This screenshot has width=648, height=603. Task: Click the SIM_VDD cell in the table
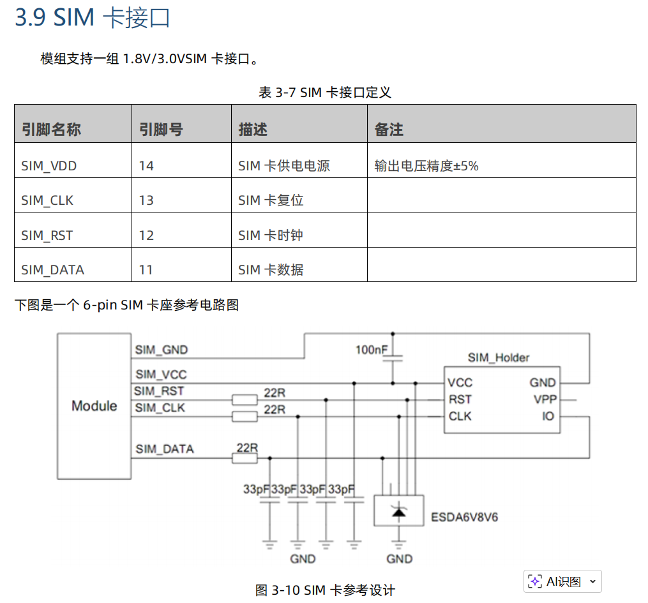tap(49, 166)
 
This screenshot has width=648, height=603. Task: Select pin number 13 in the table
tap(146, 200)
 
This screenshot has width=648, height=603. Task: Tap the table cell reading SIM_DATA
tap(52, 270)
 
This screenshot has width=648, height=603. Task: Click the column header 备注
tap(389, 130)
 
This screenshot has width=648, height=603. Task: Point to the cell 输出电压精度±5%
tap(426, 166)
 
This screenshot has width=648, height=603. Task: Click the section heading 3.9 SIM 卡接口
tap(93, 18)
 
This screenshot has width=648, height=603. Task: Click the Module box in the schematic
tap(94, 406)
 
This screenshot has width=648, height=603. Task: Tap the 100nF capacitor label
tap(372, 350)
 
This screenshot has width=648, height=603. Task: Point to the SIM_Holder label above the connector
tap(498, 357)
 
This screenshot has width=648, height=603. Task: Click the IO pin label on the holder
tap(548, 417)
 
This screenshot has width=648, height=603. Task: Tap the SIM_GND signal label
tap(162, 350)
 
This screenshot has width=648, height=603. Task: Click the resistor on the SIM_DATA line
tap(244, 458)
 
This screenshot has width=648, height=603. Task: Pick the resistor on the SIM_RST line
tap(244, 400)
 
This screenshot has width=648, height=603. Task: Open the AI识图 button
tap(562, 581)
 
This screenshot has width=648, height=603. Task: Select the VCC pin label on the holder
tap(460, 383)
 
